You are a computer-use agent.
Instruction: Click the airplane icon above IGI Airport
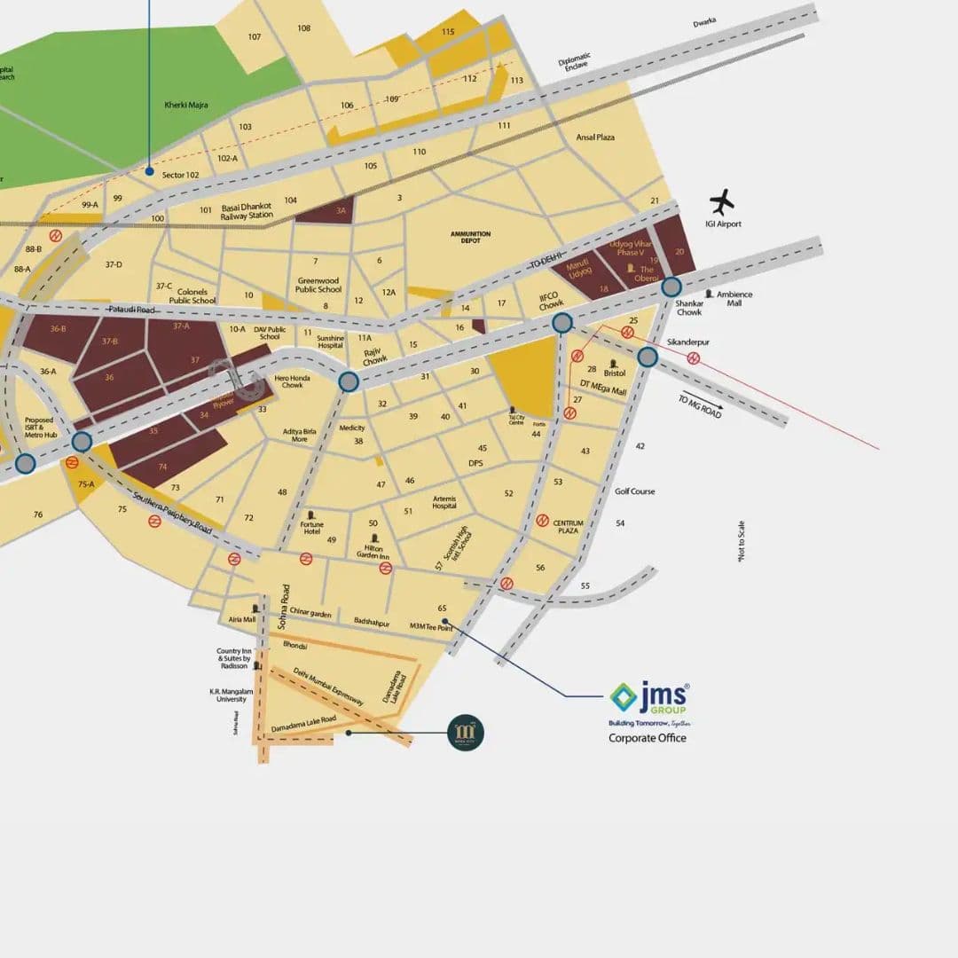[x=723, y=201]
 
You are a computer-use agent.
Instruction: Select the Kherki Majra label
[x=185, y=105]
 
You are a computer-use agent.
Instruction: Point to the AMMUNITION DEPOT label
[x=470, y=237]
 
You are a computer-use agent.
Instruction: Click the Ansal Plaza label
[x=595, y=137]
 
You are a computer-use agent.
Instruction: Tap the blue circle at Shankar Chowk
[x=671, y=287]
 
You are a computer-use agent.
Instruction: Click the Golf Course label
[x=635, y=491]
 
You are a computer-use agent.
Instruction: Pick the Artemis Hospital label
[x=444, y=502]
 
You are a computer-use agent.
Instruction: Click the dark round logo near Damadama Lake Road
[x=466, y=733]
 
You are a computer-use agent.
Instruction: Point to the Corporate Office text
[x=647, y=738]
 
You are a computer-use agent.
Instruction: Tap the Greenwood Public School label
[x=318, y=286]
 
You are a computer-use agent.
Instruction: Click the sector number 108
[x=304, y=28]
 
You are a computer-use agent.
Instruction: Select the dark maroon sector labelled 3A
[x=326, y=210]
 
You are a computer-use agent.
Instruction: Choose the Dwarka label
[x=704, y=22]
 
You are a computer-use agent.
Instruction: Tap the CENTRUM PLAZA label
[x=569, y=527]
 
